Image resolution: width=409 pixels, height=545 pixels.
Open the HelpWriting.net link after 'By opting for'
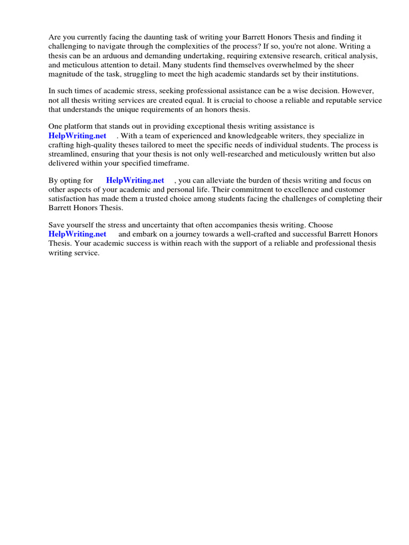coord(135,180)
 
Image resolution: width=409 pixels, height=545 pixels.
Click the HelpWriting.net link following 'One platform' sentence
coord(77,136)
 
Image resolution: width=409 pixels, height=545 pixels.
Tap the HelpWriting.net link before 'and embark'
coord(77,234)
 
